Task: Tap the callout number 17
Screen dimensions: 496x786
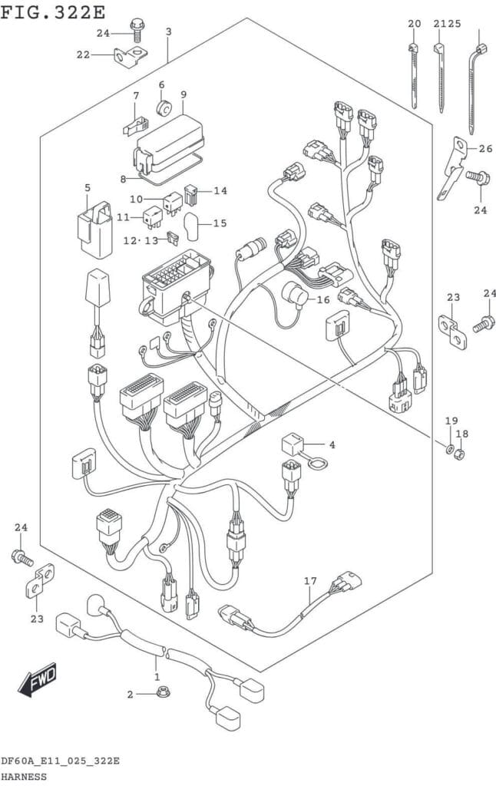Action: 310,581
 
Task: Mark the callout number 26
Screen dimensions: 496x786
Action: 485,148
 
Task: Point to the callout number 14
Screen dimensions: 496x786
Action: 220,190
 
